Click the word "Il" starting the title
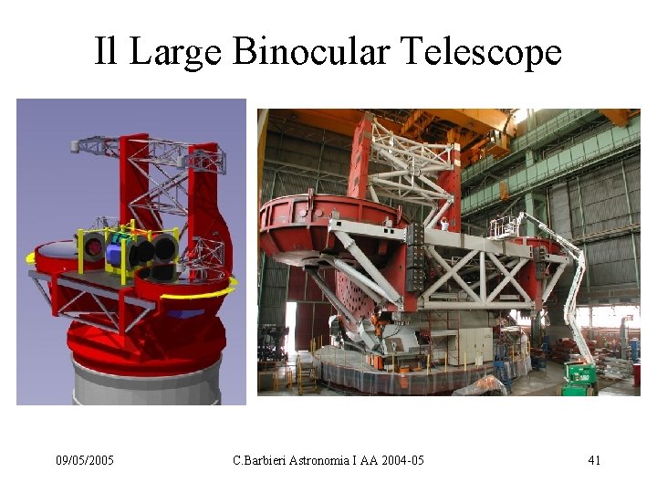[106, 51]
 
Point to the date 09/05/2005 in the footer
[85, 460]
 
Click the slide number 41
[594, 460]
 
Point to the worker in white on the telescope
[445, 224]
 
